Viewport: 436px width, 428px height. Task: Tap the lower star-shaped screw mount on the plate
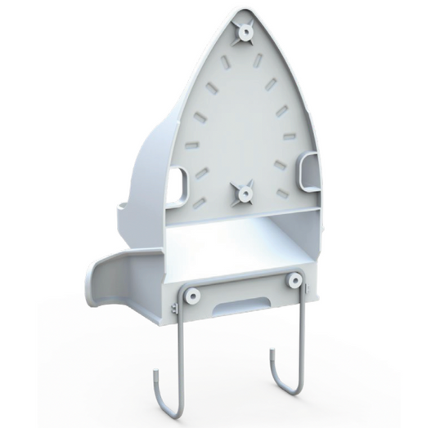click(x=243, y=193)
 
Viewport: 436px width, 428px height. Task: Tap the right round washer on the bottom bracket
click(x=293, y=280)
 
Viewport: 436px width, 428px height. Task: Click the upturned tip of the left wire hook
click(x=155, y=377)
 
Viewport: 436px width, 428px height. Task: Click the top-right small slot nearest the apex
click(x=258, y=60)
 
